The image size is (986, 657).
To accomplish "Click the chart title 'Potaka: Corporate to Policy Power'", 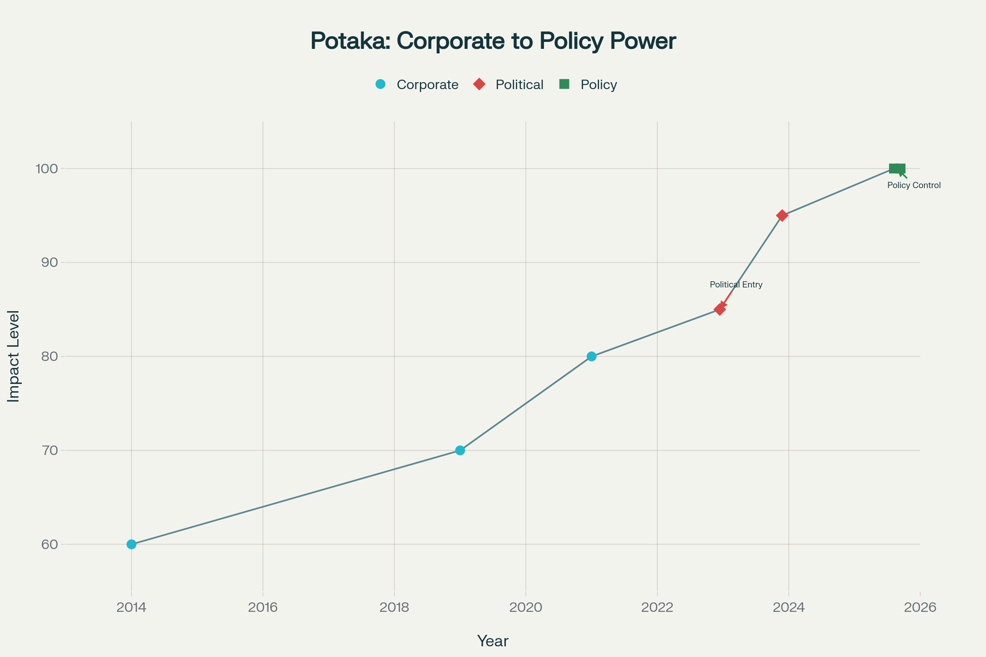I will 493,41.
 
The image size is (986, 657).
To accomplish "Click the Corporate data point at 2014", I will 131,544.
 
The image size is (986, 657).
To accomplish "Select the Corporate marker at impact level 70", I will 460,450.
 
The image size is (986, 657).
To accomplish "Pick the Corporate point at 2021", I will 592,356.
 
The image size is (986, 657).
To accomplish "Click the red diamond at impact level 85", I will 720,310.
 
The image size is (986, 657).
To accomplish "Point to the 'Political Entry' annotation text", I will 736,285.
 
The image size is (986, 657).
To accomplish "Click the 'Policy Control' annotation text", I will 914,186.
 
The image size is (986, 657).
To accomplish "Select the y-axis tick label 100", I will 46,169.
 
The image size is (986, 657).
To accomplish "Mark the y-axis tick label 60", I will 49,544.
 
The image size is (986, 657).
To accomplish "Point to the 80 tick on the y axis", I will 49,356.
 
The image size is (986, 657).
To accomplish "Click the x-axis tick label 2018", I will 394,608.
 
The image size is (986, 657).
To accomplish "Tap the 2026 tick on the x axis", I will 920,608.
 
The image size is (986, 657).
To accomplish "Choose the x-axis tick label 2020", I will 526,608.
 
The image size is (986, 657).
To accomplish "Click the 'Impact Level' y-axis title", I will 14,356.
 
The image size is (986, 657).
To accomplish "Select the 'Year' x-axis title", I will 493,641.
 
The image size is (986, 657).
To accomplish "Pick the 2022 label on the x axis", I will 657,608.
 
